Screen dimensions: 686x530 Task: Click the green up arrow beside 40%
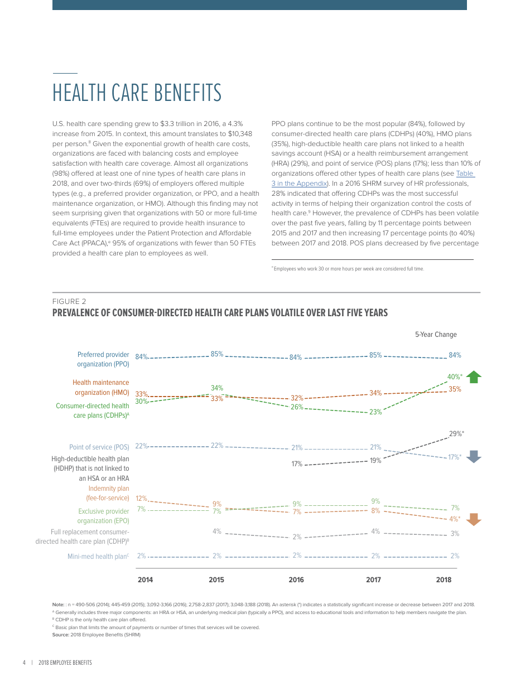tap(474, 377)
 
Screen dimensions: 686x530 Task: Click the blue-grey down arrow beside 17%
tap(474, 457)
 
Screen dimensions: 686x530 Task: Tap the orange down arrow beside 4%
tap(474, 519)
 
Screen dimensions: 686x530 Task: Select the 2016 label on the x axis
tap(296, 580)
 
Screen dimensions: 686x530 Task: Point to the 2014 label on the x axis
tap(145, 580)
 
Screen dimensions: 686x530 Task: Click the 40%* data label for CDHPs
tap(455, 377)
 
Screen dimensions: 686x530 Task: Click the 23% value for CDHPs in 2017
tap(375, 412)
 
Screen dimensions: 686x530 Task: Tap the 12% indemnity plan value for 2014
tap(141, 498)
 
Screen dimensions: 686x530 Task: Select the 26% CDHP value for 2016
tap(297, 407)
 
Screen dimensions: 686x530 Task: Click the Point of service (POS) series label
tap(99, 447)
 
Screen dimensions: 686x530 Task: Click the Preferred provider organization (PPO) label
tap(103, 359)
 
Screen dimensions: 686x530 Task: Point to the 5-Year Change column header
tap(436, 335)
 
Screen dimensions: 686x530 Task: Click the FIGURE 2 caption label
tap(69, 302)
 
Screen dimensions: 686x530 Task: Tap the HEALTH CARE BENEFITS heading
tap(137, 93)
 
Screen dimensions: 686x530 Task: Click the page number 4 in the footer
tap(24, 663)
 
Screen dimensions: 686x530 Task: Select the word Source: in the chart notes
tap(61, 635)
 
